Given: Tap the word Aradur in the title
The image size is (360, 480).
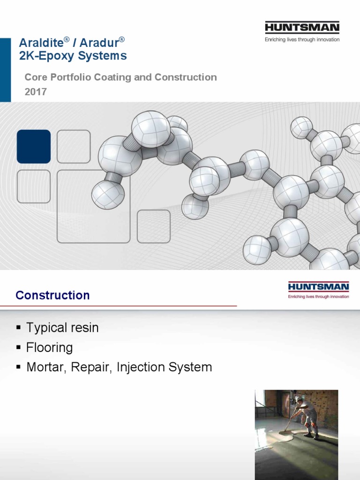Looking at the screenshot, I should (x=99, y=43).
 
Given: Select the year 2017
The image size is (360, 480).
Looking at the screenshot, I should (x=36, y=92).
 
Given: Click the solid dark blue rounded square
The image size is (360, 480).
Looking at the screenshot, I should (x=34, y=146).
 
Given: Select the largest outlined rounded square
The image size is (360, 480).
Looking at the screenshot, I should (x=93, y=206).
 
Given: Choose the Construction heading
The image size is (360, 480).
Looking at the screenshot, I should (x=52, y=295).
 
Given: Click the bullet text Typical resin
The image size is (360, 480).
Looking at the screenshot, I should (x=62, y=328).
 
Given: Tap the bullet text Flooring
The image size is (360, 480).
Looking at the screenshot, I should (x=50, y=348).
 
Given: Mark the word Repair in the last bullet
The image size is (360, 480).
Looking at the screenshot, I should (x=89, y=367).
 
